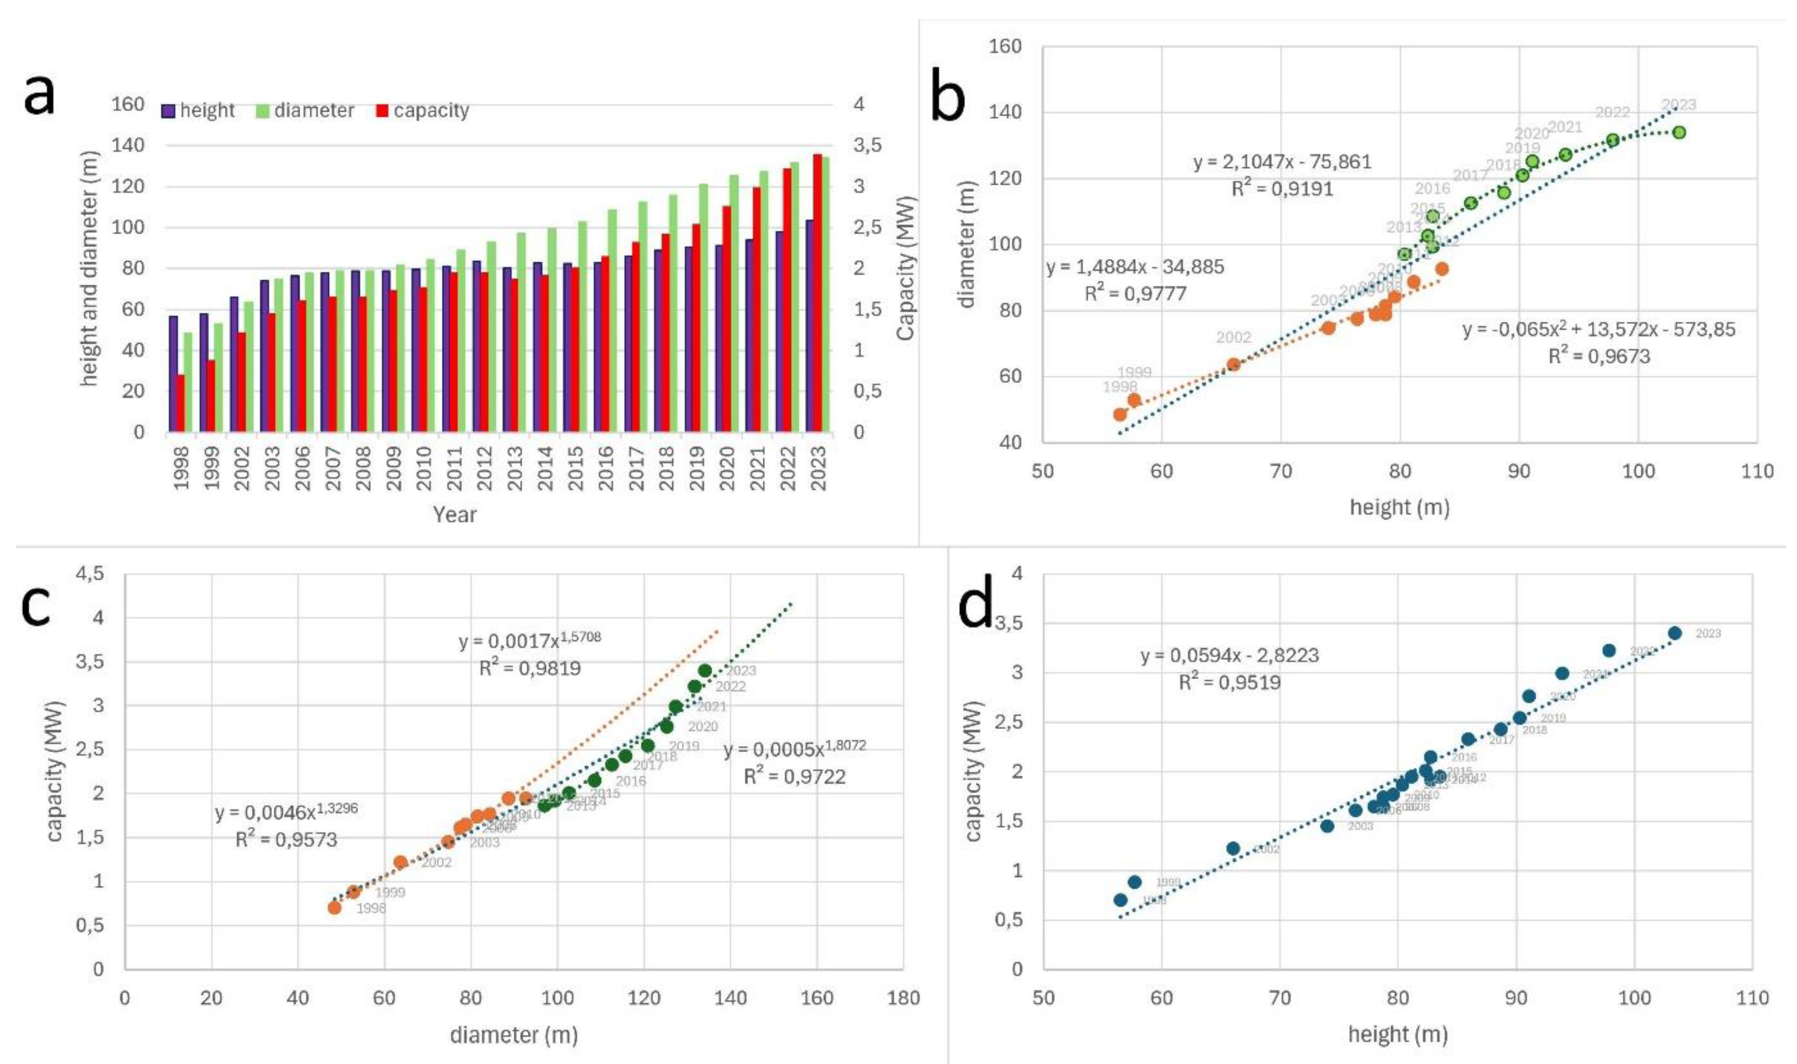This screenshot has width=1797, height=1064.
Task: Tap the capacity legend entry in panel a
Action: click(423, 111)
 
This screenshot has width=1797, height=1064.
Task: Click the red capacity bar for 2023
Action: click(817, 293)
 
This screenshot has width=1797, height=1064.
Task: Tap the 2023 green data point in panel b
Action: click(1679, 133)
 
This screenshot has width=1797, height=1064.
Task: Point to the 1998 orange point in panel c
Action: click(334, 907)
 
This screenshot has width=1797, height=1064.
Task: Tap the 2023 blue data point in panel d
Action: click(1674, 633)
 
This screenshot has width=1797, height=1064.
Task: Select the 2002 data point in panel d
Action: click(1233, 848)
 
